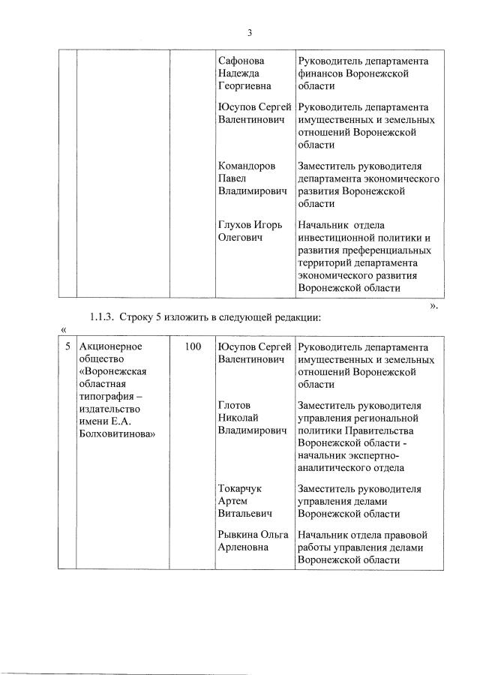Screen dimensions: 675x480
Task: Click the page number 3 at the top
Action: tap(249, 32)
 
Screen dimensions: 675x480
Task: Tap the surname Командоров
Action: tap(247, 166)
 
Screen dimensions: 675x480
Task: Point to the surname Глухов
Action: tap(235, 224)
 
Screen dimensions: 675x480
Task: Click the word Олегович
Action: tap(240, 237)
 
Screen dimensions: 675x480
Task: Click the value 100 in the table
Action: tap(192, 347)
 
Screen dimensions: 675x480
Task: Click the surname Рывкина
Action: tap(238, 535)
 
